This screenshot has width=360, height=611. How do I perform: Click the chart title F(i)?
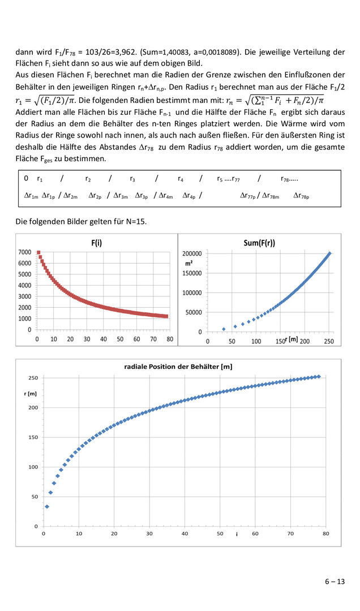pos(96,242)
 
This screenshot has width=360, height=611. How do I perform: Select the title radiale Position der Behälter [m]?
pos(178,367)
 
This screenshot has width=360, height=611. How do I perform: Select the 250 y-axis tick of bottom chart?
pos(33,378)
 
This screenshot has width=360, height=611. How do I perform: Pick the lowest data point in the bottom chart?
pos(47,506)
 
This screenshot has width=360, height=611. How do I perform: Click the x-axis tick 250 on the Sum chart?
pos(329,341)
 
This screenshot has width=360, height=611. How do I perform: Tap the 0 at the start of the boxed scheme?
pos(26,179)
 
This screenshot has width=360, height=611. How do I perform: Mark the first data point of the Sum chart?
pos(224,329)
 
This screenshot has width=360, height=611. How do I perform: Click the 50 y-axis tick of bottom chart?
pos(34,497)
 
